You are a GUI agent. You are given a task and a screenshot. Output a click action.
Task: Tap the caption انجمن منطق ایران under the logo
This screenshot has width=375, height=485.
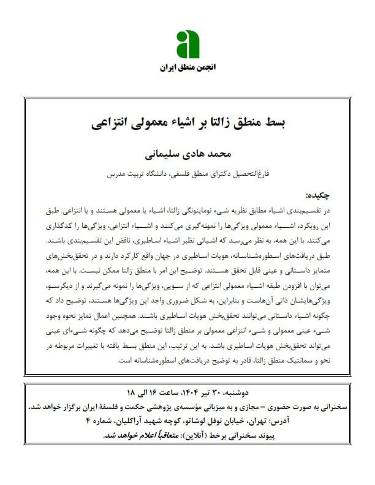click(187, 66)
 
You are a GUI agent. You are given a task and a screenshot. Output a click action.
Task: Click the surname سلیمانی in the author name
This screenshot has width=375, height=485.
click(165, 151)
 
